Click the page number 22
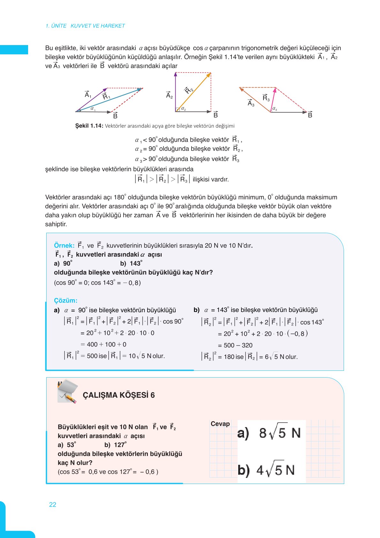[53, 504]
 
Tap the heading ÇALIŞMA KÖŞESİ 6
[118, 395]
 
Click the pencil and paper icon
[67, 392]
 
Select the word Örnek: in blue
[64, 246]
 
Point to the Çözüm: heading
[65, 300]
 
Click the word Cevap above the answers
[220, 424]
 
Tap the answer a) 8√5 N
[269, 433]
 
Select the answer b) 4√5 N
[266, 470]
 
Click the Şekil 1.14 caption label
[89, 126]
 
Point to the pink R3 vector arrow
[273, 100]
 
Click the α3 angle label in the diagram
[275, 109]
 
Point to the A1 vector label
[88, 95]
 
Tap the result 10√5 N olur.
[147, 356]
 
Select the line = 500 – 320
[235, 345]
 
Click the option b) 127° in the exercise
[115, 445]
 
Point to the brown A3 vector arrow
[255, 99]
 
